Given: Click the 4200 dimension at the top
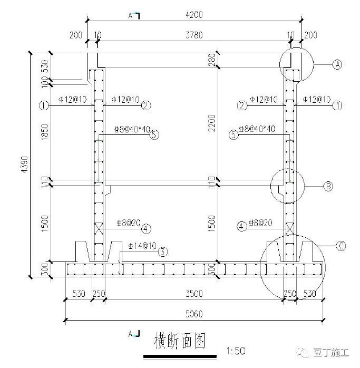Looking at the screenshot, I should (x=193, y=14).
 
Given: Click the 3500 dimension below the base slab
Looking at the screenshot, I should (x=193, y=294).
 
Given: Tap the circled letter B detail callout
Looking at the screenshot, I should (x=327, y=186).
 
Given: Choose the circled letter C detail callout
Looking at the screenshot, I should (x=341, y=245).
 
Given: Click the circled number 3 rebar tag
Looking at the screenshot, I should (x=164, y=251).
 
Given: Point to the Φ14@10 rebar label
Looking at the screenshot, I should (x=142, y=246).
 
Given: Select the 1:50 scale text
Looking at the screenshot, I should (x=233, y=350).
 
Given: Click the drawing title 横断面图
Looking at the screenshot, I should (x=179, y=342).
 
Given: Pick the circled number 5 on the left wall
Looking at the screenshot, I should (x=154, y=134).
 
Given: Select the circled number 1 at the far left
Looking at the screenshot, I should (x=43, y=105).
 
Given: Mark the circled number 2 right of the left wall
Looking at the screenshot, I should (x=146, y=105).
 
